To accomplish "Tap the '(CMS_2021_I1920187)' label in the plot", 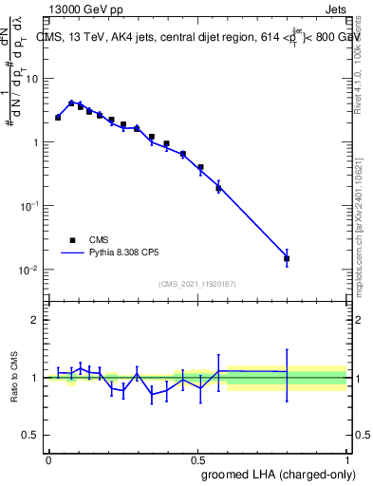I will point(197,284).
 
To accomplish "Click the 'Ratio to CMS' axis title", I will point(15,377).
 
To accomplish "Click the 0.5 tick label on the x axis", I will point(197,458).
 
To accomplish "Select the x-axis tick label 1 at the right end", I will point(347,458).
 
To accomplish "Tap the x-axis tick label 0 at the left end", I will point(48,458).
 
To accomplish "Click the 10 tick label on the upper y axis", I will point(32,79).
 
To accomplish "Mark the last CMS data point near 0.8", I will point(287,258).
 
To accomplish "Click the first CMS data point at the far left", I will point(58,118).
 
